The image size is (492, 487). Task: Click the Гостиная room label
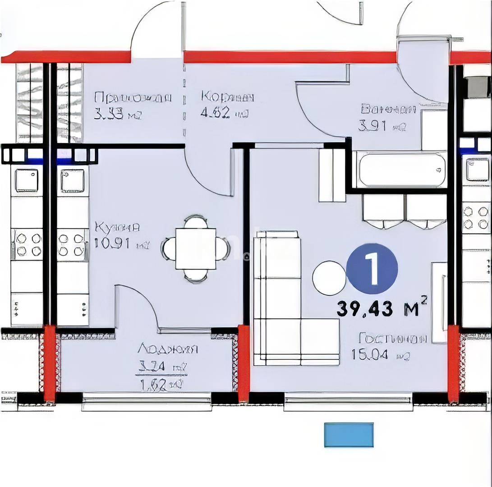click(x=392, y=338)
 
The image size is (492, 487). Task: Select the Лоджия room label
click(x=168, y=349)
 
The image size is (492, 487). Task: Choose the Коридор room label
click(x=228, y=97)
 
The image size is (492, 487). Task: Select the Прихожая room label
click(x=133, y=98)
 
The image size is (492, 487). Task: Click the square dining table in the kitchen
click(x=195, y=249)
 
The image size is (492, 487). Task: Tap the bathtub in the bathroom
click(x=400, y=170)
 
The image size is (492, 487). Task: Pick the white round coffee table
click(x=329, y=278)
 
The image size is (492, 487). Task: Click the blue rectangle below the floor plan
click(x=349, y=435)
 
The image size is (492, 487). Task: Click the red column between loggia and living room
click(x=244, y=363)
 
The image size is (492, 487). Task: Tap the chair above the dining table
click(x=196, y=222)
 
